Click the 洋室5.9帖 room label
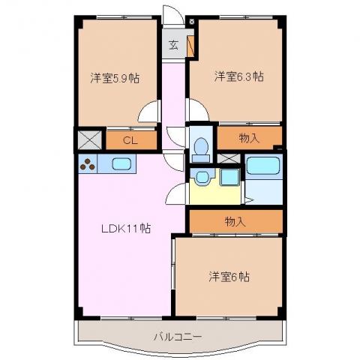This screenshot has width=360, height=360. point(115,79)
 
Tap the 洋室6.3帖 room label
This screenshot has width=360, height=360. point(238,76)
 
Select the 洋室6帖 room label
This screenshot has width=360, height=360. point(229,277)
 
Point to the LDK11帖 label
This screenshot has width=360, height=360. point(126,228)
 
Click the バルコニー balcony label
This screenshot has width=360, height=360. point(178,337)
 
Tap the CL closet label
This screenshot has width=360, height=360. point(130,141)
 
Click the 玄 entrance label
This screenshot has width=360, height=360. point(174,45)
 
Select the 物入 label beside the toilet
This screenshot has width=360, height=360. point(249,138)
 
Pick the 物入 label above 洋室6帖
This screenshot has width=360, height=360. point(235,221)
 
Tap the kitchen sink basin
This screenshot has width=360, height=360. point(120,163)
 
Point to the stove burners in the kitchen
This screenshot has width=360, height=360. point(88,164)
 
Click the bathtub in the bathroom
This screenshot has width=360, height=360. point(262,166)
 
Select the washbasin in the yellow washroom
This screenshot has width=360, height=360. point(202,176)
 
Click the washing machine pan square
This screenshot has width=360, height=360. point(229,177)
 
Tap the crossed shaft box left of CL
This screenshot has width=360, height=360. point(90,140)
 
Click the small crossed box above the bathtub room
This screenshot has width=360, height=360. point(229,158)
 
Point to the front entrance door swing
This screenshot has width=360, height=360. point(172,14)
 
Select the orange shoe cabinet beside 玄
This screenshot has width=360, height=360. point(190,46)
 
